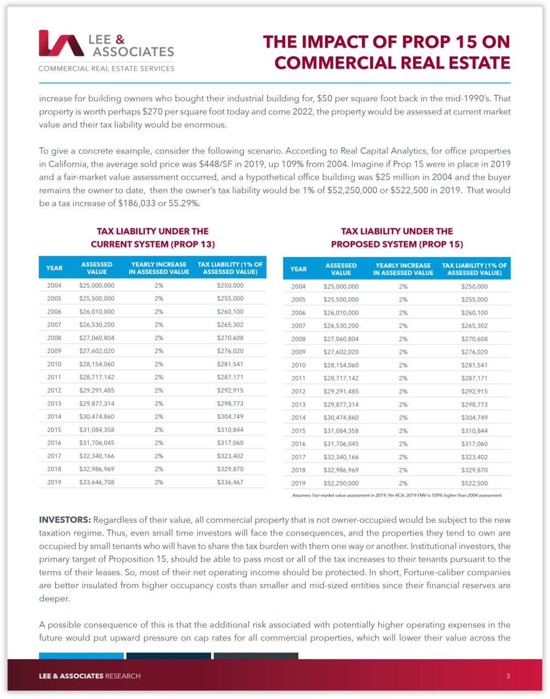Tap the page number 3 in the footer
coord(507,676)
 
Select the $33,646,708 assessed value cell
coord(97,482)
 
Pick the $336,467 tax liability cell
coord(230,482)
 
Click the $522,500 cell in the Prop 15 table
coord(474,483)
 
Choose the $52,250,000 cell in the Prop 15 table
coord(341,483)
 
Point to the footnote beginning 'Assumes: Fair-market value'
coord(393,495)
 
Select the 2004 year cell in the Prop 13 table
coord(54,286)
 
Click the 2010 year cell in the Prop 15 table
coord(298,365)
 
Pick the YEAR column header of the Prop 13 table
coord(54,268)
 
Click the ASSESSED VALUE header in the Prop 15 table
coord(341,269)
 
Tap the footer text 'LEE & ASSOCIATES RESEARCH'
coord(89,676)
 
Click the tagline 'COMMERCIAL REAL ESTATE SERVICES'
coord(106,69)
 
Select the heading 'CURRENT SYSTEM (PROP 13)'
coord(152,244)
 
